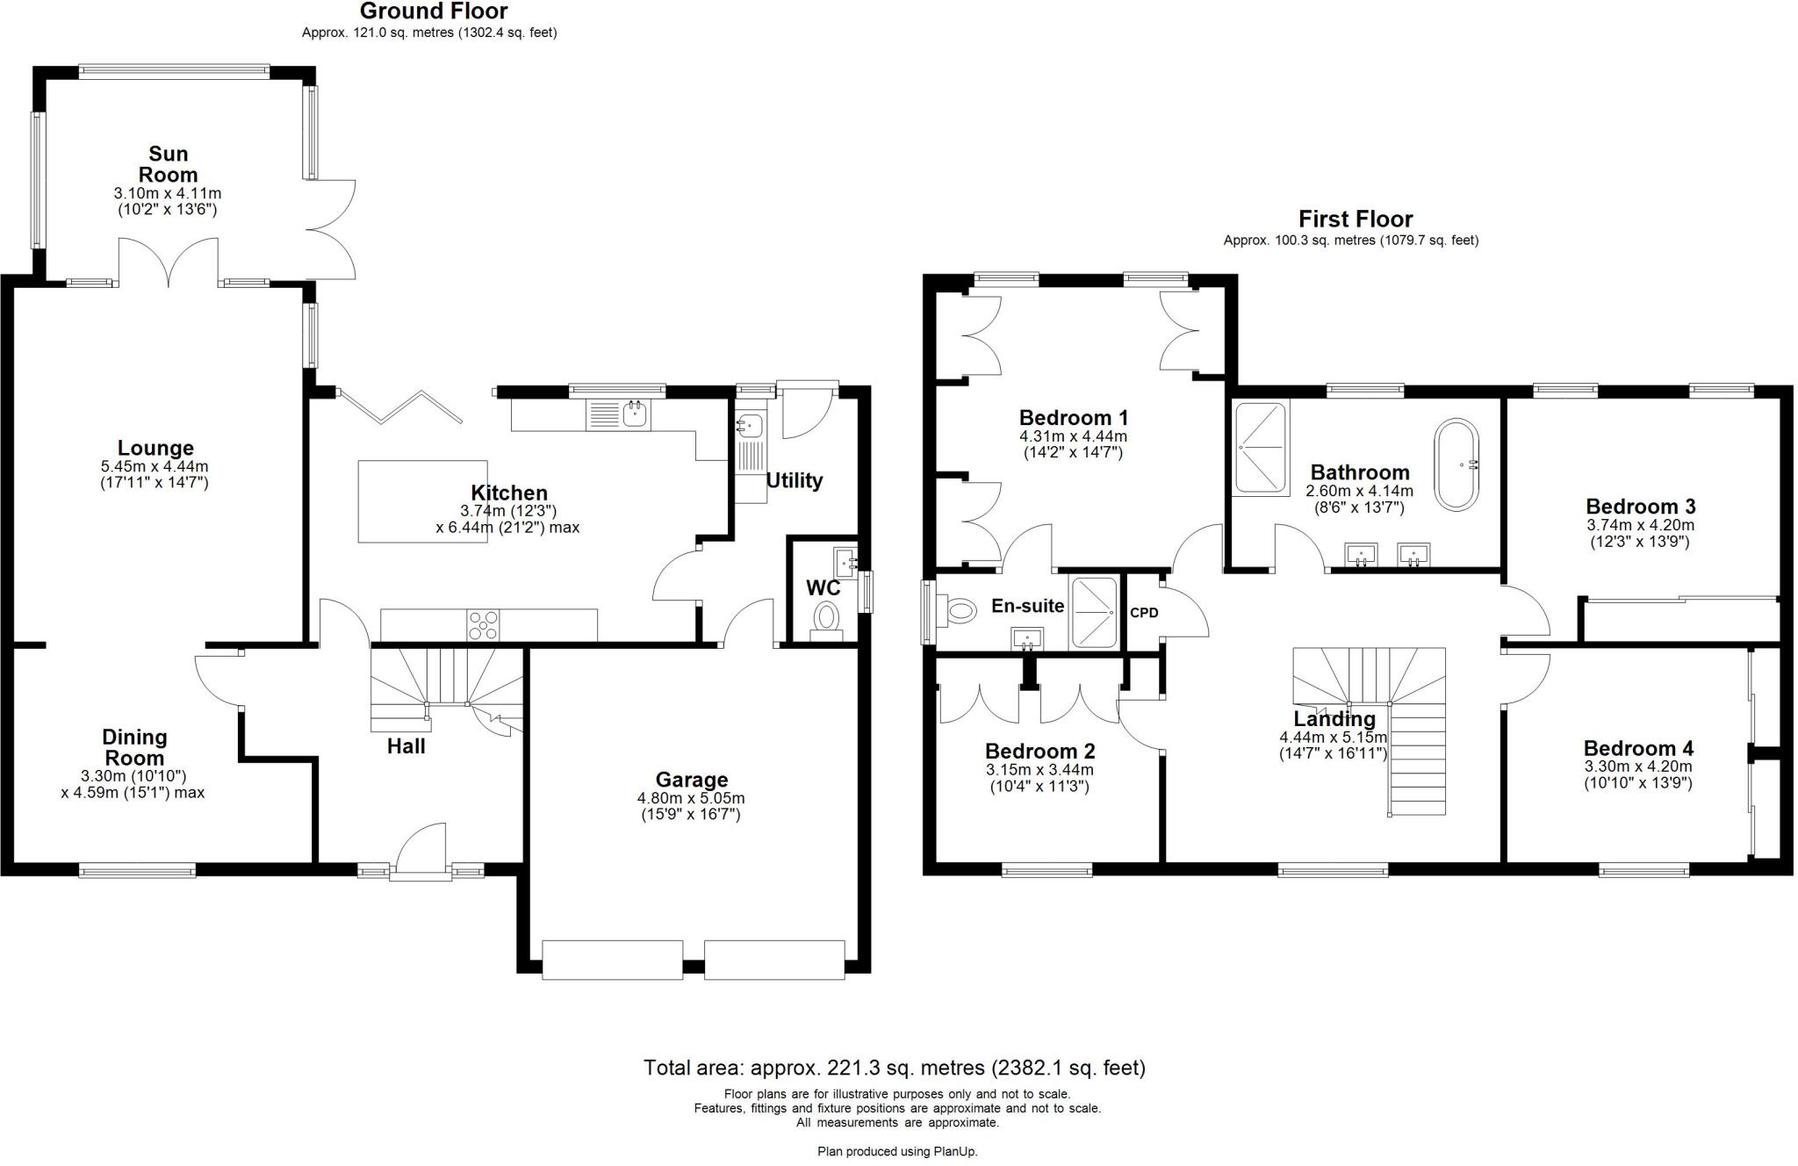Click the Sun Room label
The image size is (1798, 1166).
(x=168, y=164)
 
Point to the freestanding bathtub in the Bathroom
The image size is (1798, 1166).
(x=1456, y=464)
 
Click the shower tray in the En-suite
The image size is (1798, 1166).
(x=1093, y=612)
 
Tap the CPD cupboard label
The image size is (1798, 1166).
(x=1144, y=613)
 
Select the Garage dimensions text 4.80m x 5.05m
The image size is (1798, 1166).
(x=691, y=798)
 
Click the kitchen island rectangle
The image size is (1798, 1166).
(x=422, y=500)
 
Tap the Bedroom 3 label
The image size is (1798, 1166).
(x=1640, y=507)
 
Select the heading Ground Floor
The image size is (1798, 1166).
(x=434, y=11)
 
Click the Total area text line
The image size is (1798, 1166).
(x=894, y=1068)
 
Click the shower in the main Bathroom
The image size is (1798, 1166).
(x=1261, y=448)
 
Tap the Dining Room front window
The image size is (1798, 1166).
(x=137, y=870)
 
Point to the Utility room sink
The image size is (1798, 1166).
(x=750, y=427)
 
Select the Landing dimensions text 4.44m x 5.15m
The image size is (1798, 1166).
(x=1333, y=738)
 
